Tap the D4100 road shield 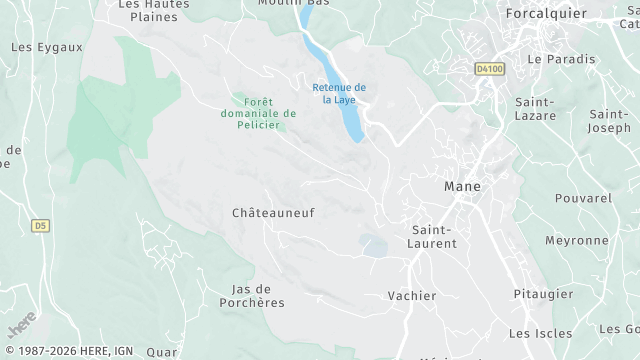pos(488,69)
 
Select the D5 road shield pos(40,226)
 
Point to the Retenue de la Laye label pos(338,93)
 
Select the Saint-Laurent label pos(434,236)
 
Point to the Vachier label pos(412,296)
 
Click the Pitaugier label pos(543,294)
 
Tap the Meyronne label pos(576,241)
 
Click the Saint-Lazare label pos(536,110)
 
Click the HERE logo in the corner pos(22,324)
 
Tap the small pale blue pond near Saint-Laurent pos(373,244)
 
